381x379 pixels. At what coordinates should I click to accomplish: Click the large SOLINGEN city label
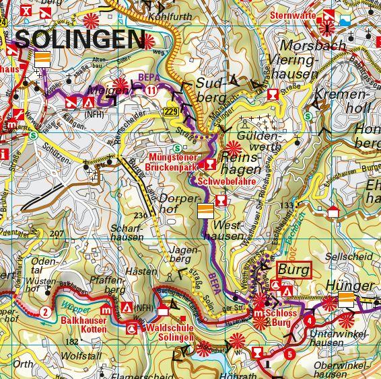[x=79, y=40]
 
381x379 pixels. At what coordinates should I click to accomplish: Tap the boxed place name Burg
[x=293, y=270]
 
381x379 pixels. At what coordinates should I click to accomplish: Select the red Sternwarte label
[x=292, y=15]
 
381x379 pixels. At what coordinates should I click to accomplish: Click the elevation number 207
[x=57, y=233]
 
